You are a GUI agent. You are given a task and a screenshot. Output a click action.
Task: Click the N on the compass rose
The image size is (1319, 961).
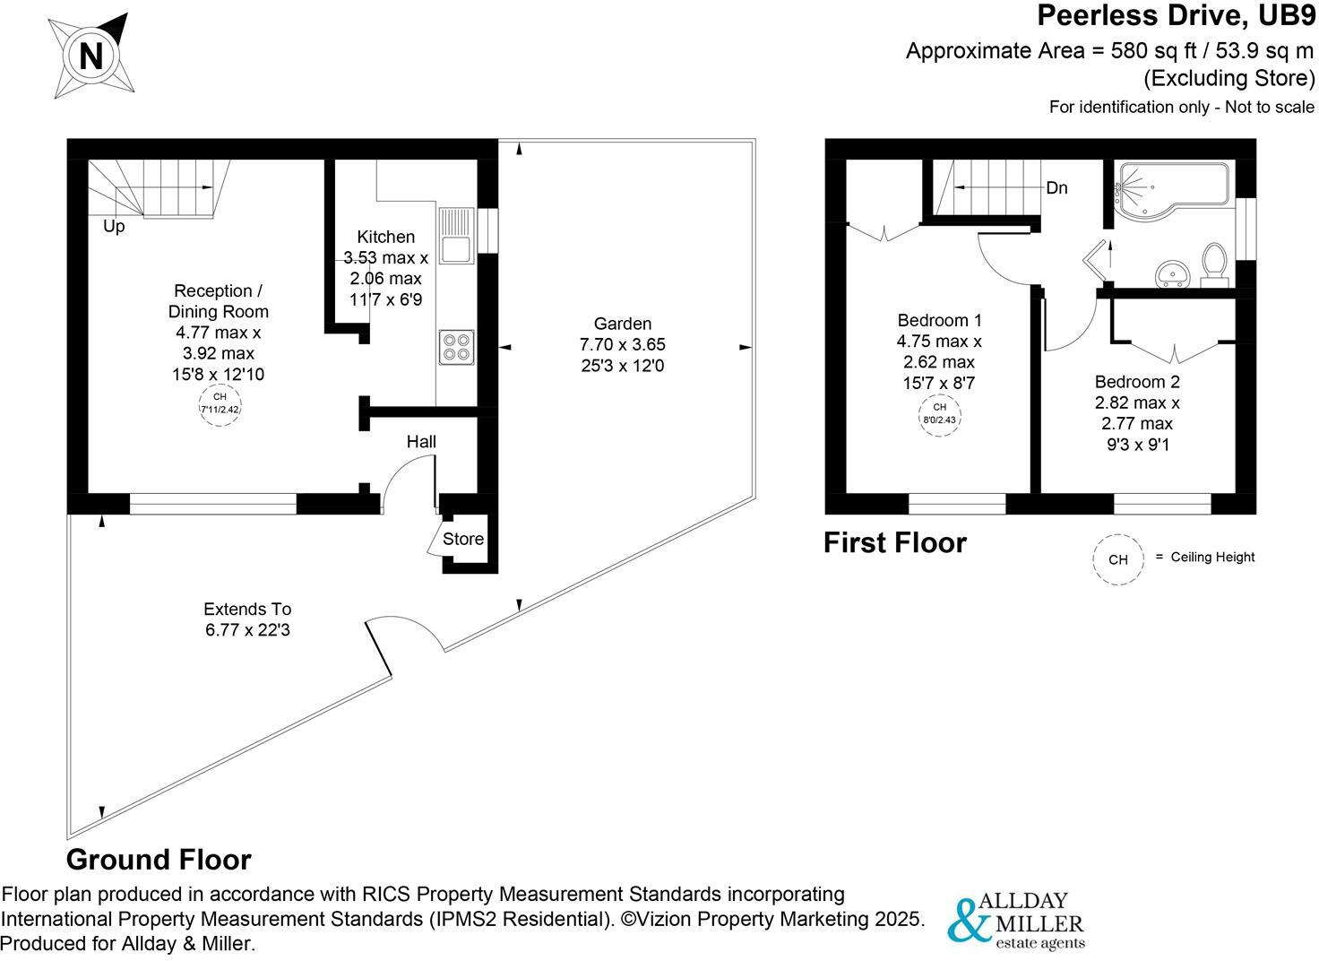point(91,56)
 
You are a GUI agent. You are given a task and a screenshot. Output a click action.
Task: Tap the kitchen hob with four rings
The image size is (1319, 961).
point(456,347)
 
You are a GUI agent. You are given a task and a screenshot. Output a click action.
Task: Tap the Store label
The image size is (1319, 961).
point(463,539)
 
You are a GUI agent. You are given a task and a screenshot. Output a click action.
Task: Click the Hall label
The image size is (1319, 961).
point(421,441)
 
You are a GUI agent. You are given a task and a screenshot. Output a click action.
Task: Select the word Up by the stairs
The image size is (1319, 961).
point(114,227)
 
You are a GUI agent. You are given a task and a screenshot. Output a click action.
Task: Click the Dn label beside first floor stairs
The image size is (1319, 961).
point(1056,188)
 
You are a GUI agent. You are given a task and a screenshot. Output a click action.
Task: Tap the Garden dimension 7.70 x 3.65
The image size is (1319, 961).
point(623,344)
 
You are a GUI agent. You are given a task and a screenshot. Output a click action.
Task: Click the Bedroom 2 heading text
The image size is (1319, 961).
point(1136,382)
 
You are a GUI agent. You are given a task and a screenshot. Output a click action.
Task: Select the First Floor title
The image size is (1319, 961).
point(894,542)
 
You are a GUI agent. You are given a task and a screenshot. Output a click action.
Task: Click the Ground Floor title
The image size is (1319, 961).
point(159,860)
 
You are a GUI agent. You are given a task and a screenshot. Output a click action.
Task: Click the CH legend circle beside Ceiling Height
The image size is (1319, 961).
point(1118,559)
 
